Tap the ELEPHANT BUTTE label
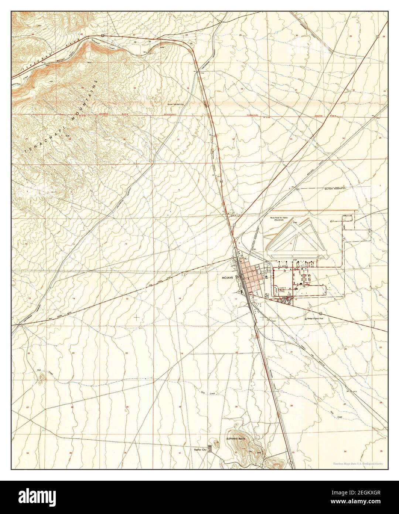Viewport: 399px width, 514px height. click(236, 438)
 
